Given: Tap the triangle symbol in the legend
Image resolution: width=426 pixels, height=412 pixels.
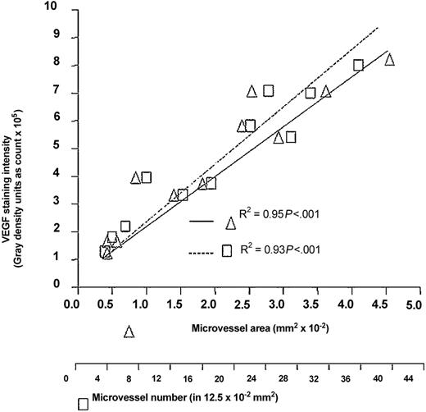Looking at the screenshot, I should tap(231, 222).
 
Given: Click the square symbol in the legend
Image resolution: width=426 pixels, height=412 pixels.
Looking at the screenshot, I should tap(227, 251).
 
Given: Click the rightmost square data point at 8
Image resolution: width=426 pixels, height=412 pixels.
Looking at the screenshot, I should tap(358, 66).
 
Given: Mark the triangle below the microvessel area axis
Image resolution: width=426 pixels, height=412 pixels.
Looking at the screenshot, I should tap(129, 332).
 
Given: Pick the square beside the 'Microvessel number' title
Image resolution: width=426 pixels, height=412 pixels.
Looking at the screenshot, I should tap(83, 404).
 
